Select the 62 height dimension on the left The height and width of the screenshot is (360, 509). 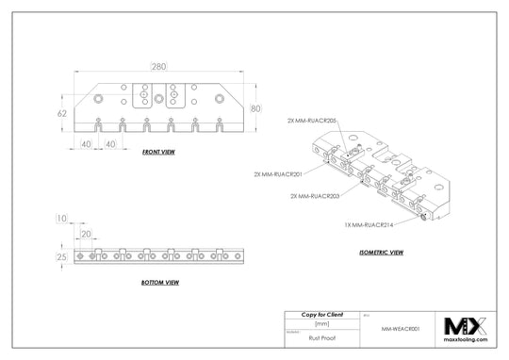pos(63,112)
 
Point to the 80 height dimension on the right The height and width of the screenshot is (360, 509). pos(255,108)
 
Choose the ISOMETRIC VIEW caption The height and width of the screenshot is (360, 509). pos(381,253)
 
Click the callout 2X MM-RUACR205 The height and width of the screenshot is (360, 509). pos(312,121)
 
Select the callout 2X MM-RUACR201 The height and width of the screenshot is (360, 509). pos(277,174)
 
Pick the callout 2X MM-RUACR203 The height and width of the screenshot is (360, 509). pos(315,195)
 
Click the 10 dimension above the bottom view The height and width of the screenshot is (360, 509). pos(62,218)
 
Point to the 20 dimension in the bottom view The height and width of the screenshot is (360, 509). pos(86,234)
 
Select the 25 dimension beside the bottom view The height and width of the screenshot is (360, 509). pos(62,256)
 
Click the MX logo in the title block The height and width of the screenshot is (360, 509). pos(465,326)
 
